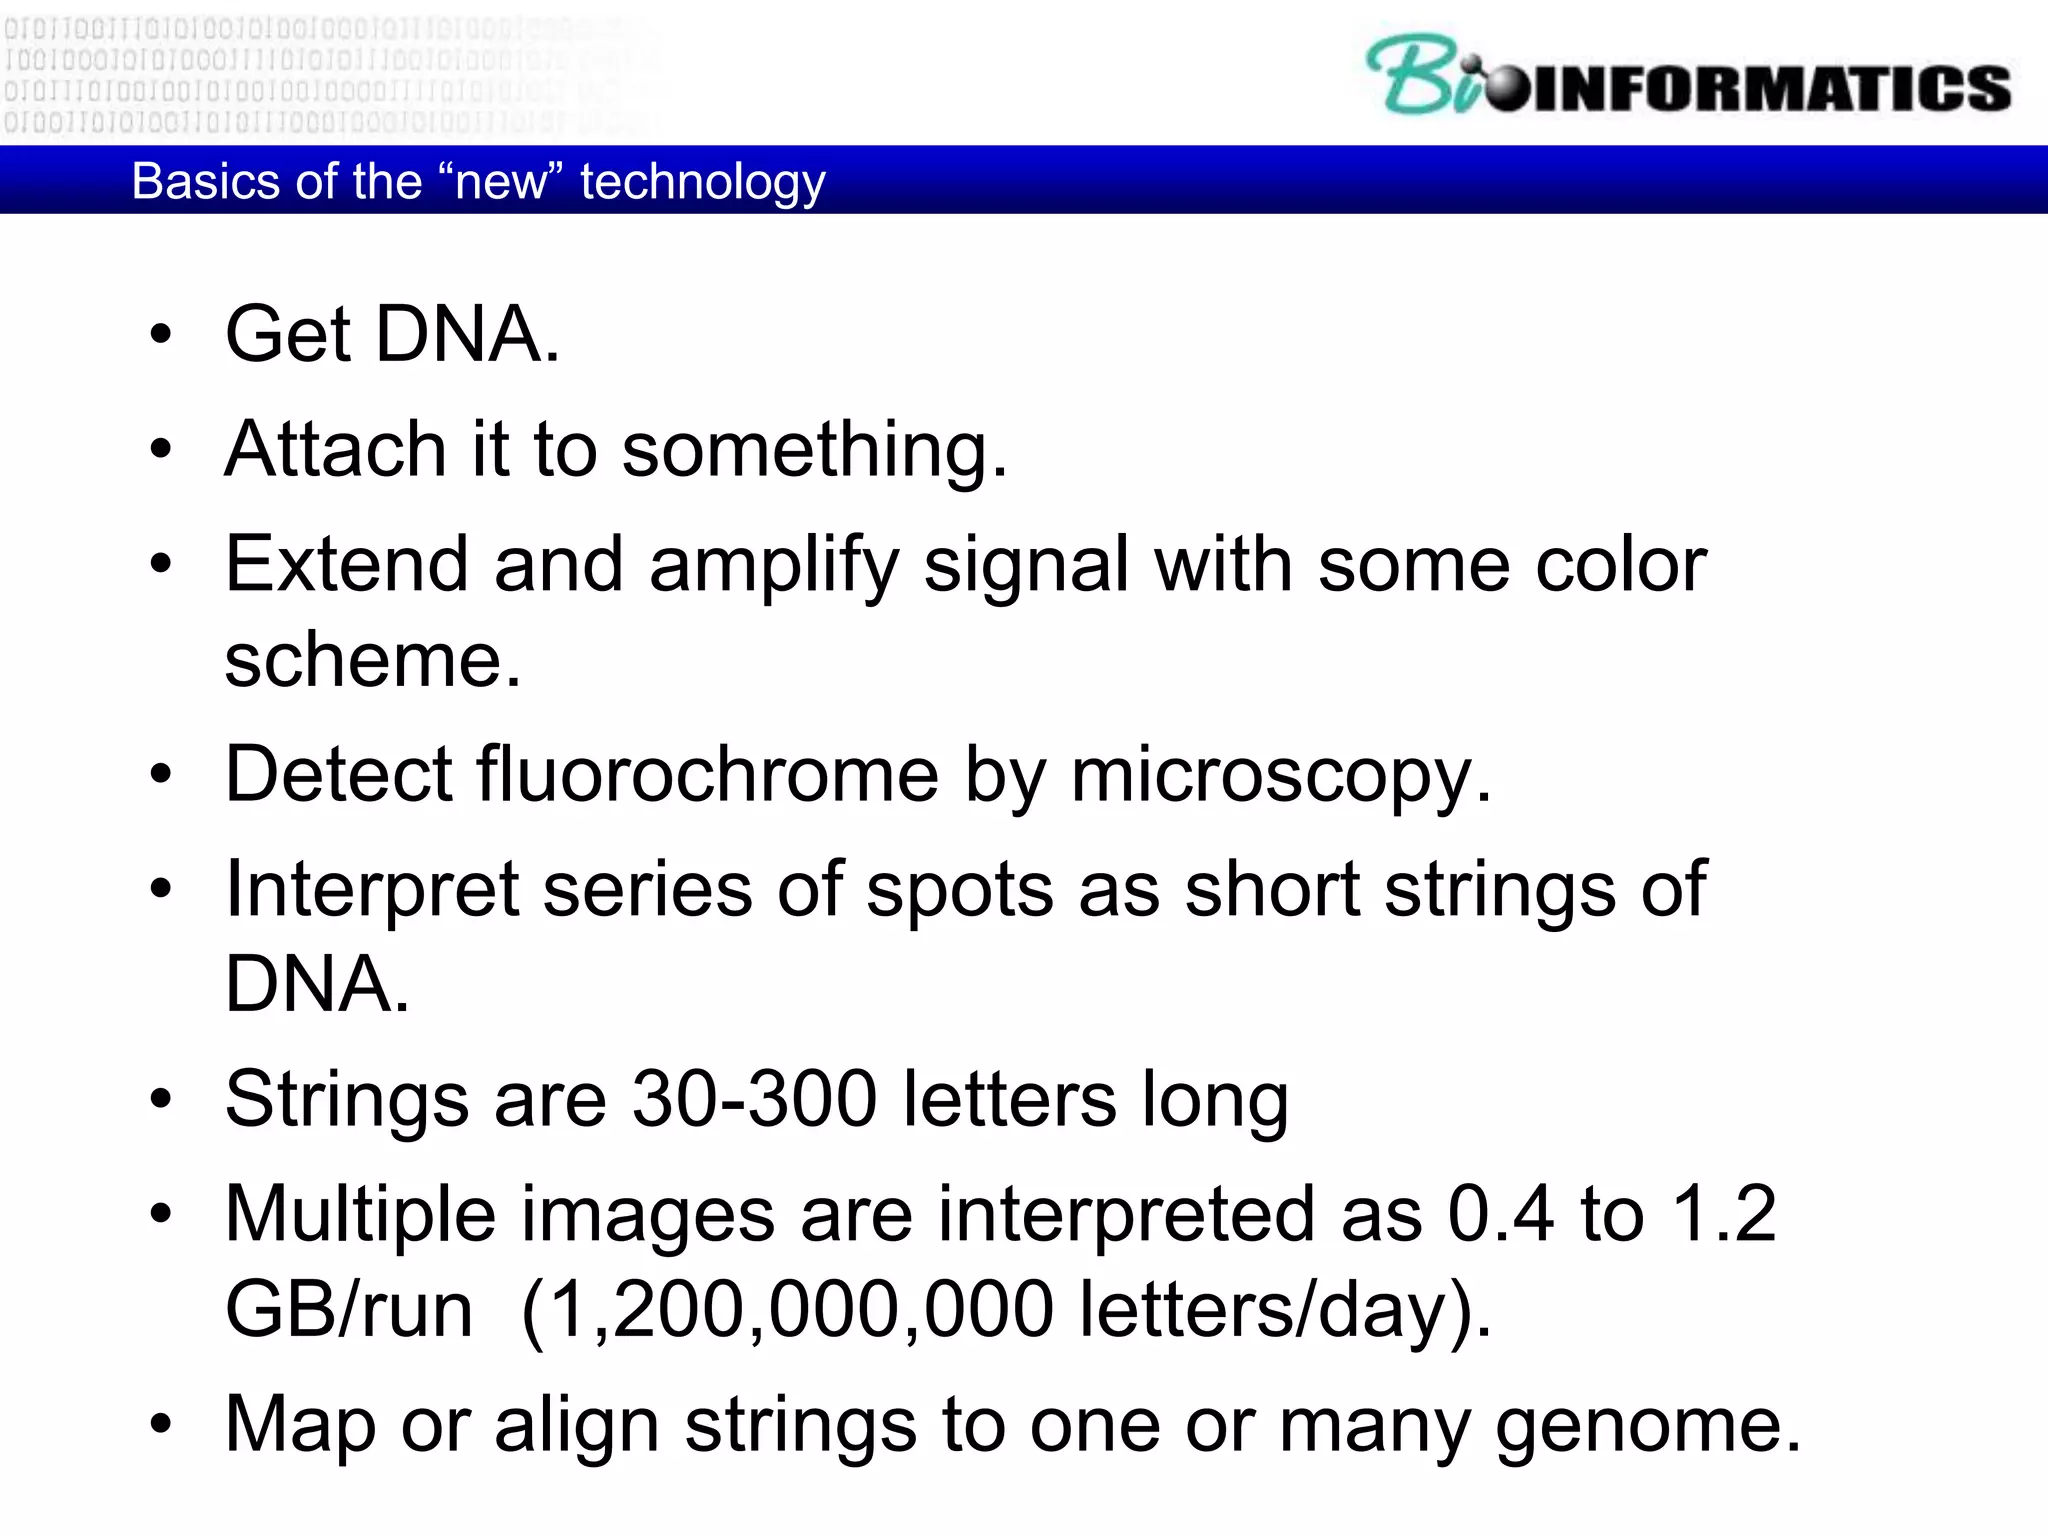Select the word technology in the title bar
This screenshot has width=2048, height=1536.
[703, 183]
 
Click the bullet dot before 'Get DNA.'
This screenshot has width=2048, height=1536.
[161, 334]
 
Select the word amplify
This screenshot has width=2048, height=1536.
[775, 566]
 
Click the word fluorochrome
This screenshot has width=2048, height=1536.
[707, 774]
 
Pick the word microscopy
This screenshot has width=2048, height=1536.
[1280, 776]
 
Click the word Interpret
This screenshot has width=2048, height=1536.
[372, 890]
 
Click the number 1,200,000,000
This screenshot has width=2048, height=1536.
[801, 1309]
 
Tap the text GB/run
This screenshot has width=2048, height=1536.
[349, 1309]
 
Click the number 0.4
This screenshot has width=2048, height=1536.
[1500, 1214]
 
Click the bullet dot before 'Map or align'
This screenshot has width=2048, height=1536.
[161, 1424]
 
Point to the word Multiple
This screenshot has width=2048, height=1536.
[360, 1215]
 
